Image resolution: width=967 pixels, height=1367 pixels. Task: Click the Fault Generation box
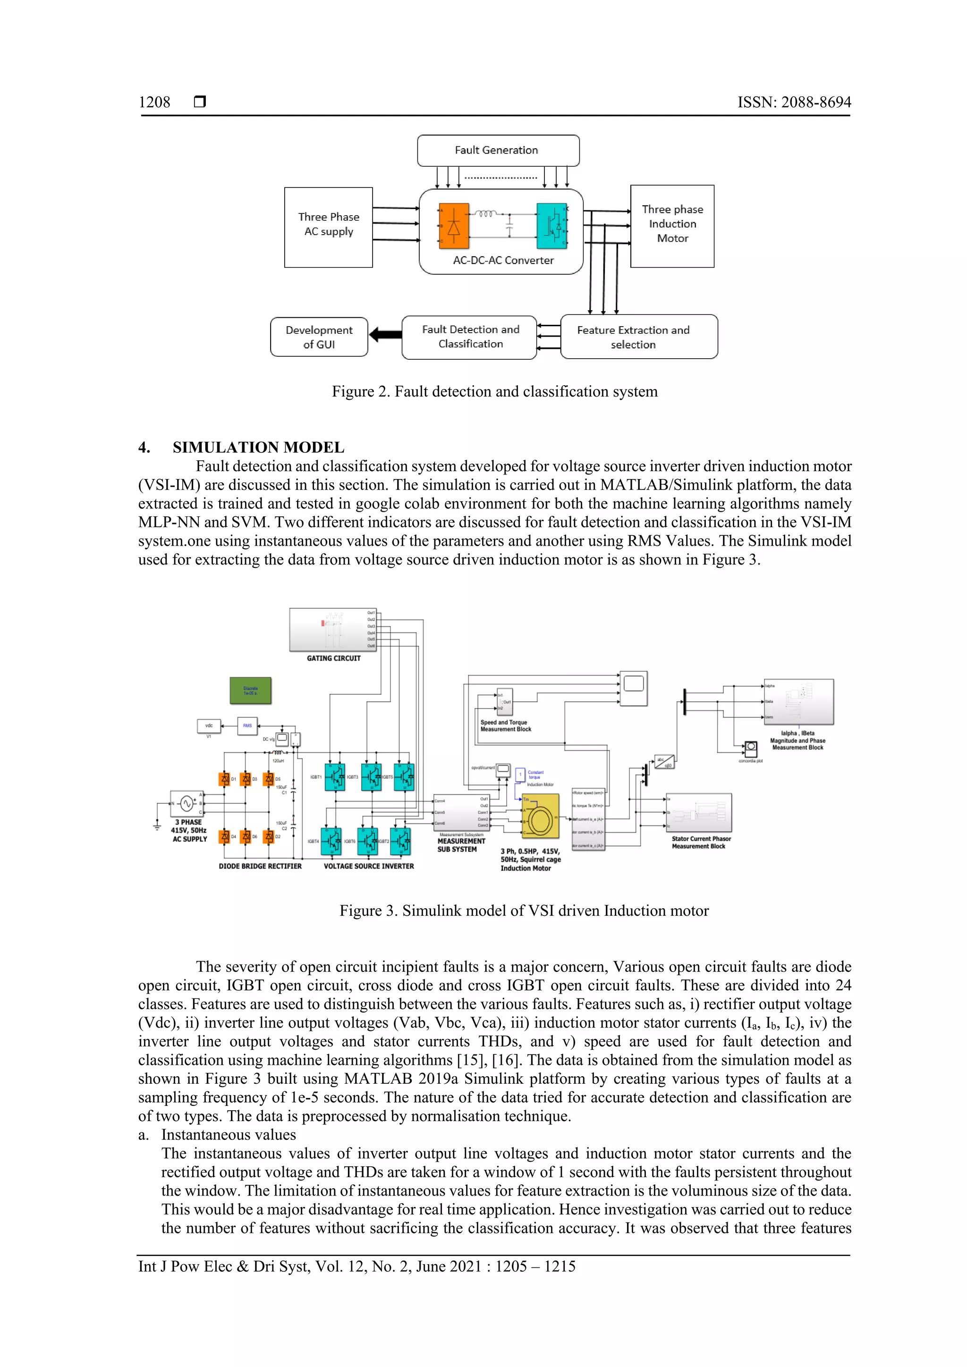tap(498, 151)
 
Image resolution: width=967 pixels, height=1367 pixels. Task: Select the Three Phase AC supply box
tap(329, 227)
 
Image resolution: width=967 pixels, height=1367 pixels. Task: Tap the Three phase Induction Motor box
tap(672, 226)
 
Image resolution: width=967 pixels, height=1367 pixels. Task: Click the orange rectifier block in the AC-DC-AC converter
tap(454, 226)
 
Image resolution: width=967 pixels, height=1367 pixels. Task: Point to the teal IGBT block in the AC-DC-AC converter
tap(552, 226)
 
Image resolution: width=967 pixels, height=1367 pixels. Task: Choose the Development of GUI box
tap(319, 337)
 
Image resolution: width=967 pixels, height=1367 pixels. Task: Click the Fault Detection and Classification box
tap(470, 337)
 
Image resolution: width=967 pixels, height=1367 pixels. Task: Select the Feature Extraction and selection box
tap(639, 337)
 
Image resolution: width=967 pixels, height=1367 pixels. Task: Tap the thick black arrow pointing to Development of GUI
tap(385, 335)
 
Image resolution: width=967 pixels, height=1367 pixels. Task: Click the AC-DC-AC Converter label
tap(503, 261)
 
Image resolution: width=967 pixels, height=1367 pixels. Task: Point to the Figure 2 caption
tap(495, 392)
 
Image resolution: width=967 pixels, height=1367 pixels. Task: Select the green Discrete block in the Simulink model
tap(251, 691)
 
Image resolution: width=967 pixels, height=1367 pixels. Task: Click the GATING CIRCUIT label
tap(333, 658)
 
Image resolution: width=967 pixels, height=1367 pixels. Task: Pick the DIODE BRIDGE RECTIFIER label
tap(260, 866)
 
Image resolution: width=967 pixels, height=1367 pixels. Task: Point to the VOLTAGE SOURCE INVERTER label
tap(369, 866)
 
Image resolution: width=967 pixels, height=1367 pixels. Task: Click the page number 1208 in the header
tap(154, 102)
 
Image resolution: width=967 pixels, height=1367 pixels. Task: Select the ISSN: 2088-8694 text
tap(794, 102)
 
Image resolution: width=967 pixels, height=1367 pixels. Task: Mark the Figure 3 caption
tap(524, 911)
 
